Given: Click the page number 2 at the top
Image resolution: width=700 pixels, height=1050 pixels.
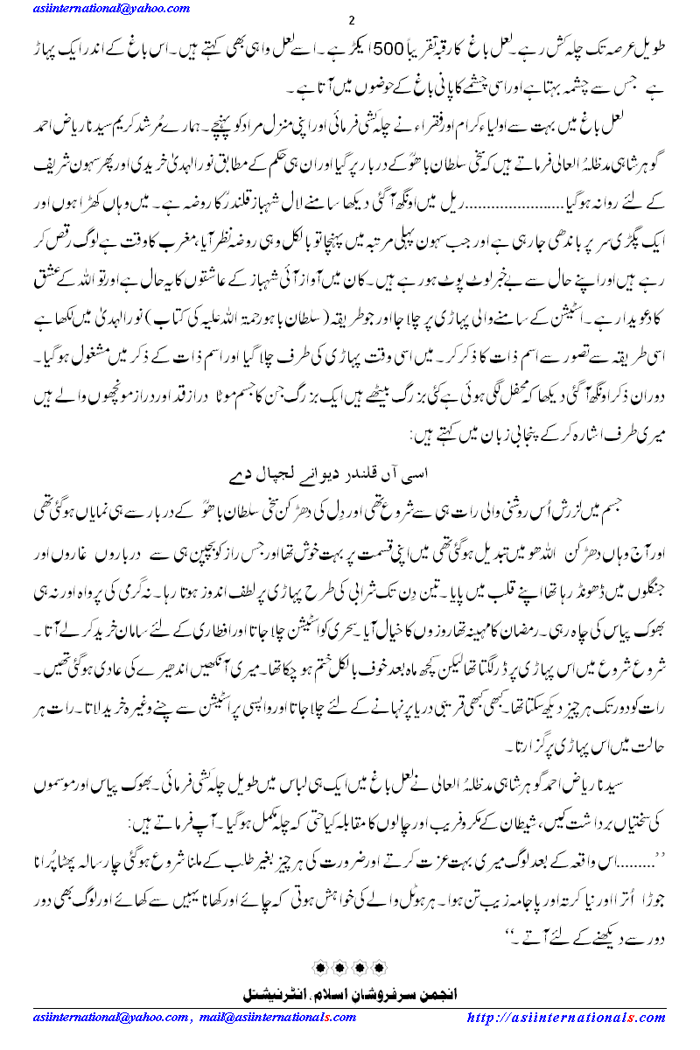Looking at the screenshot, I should click(x=351, y=21).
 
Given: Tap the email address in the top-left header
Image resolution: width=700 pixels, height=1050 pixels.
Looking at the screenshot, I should click(x=92, y=7).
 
